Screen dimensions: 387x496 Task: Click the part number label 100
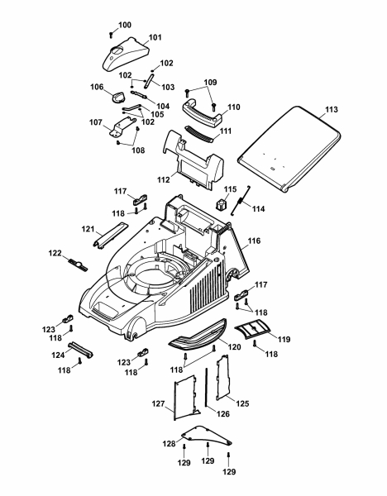click(x=125, y=25)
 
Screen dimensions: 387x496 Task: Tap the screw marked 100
click(x=111, y=35)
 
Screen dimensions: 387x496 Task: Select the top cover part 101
click(x=126, y=54)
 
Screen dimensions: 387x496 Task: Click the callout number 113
click(x=332, y=109)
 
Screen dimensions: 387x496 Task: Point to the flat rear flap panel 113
click(x=289, y=149)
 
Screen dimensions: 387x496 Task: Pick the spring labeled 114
click(x=240, y=201)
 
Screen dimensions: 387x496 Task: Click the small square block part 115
click(x=222, y=204)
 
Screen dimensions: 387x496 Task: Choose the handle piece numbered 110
click(x=203, y=112)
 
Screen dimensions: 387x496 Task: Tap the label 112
click(x=163, y=179)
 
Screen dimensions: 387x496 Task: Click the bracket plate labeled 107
click(x=122, y=126)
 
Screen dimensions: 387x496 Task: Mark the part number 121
click(x=88, y=229)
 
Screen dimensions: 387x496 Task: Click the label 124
click(x=58, y=355)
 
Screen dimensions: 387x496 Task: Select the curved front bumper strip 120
click(x=198, y=334)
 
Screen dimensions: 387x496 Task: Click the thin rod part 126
click(x=206, y=388)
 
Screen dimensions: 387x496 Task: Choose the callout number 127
click(x=158, y=403)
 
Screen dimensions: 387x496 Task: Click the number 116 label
click(x=254, y=241)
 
